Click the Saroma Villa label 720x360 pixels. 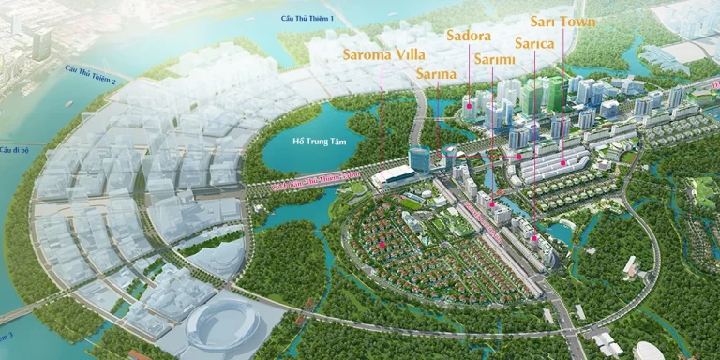tap(382, 53)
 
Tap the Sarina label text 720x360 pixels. tap(437, 76)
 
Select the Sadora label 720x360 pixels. tap(469, 37)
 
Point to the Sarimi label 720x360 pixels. tap(492, 60)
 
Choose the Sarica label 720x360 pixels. tap(535, 43)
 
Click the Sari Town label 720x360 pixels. tap(563, 20)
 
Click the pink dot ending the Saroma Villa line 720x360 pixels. tap(382, 246)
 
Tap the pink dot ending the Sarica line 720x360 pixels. tap(535, 239)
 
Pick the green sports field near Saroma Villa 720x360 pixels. tap(409, 202)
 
